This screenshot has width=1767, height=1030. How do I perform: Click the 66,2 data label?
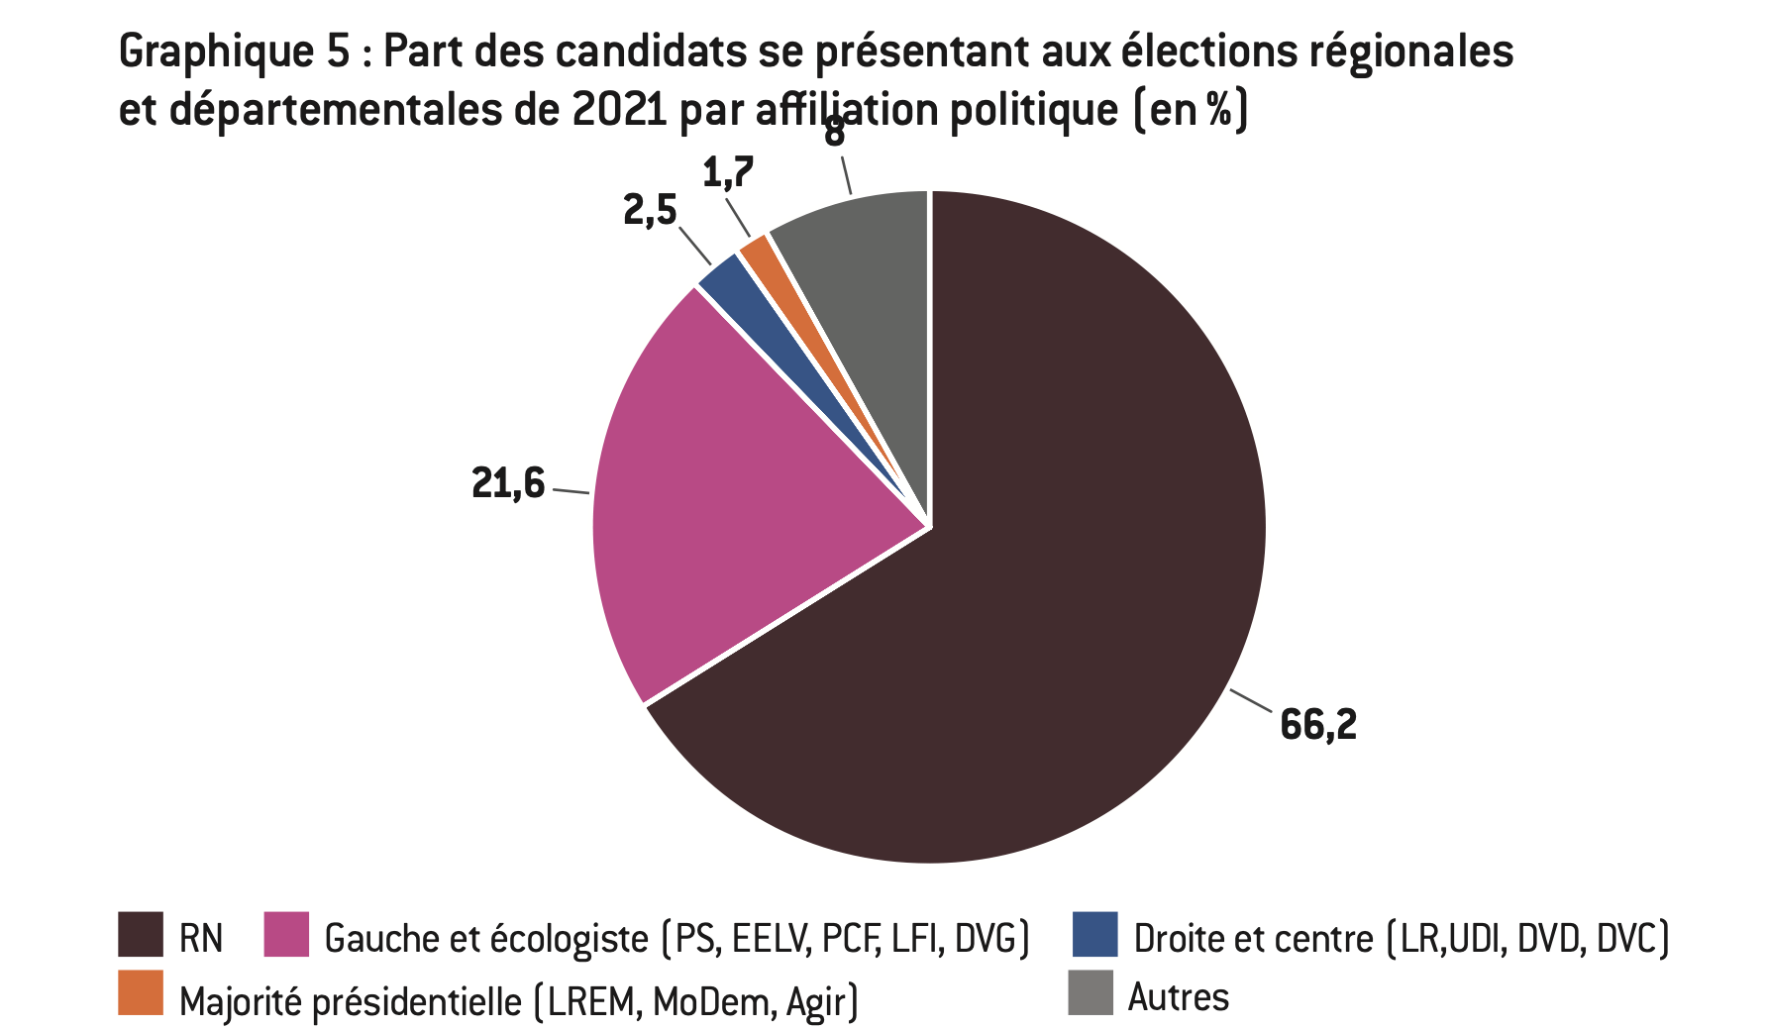pyautogui.click(x=1317, y=725)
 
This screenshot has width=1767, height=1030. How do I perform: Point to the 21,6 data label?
pyautogui.click(x=508, y=483)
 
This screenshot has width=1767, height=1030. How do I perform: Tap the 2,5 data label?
pyautogui.click(x=650, y=210)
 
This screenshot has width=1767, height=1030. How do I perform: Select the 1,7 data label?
pyautogui.click(x=728, y=173)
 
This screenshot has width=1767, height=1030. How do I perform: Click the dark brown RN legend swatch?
pyautogui.click(x=140, y=935)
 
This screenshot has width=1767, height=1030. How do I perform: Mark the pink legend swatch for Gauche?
pyautogui.click(x=286, y=935)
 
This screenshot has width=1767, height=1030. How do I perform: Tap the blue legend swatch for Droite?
pyautogui.click(x=1094, y=935)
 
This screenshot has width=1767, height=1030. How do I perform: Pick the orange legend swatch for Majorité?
pyautogui.click(x=140, y=993)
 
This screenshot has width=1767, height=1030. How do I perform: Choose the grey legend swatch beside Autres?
pyautogui.click(x=1090, y=993)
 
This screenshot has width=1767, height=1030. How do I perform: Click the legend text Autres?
pyautogui.click(x=1179, y=996)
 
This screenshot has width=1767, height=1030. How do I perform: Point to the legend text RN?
pyautogui.click(x=201, y=938)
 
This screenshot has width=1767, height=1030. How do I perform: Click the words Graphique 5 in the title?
pyautogui.click(x=234, y=51)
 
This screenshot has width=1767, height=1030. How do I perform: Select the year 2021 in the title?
pyautogui.click(x=620, y=110)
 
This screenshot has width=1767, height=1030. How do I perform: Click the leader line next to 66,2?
pyautogui.click(x=1251, y=700)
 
